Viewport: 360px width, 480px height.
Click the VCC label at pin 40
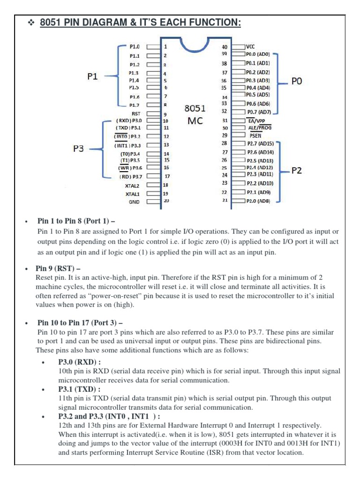251,47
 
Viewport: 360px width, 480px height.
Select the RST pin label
135,113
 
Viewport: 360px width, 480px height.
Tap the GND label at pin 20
134,202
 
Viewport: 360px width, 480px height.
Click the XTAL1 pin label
133,194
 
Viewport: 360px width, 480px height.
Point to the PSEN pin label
255,135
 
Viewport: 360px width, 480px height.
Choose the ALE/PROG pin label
259,127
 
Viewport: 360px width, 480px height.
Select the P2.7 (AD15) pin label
261,143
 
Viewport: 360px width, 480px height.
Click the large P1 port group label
93,76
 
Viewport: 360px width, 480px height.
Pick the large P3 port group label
79,149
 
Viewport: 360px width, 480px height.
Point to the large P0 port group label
297,81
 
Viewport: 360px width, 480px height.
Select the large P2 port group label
297,171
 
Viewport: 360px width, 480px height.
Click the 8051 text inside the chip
195,109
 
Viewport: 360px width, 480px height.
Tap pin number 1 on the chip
165,47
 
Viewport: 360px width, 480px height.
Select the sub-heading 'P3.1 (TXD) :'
79,389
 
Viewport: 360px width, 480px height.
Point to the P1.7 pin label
134,105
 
